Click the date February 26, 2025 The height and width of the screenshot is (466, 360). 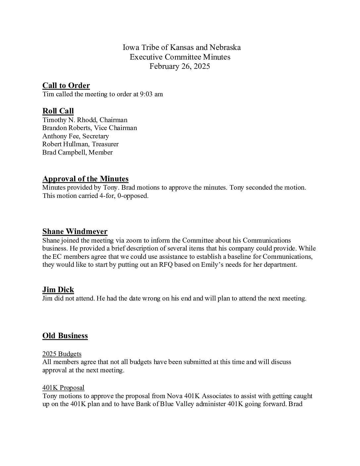[180, 66]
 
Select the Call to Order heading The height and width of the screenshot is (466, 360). [66, 85]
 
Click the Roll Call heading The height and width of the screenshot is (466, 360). [58, 111]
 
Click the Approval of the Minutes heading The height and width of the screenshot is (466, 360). [85, 179]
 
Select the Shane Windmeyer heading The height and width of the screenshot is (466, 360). [75, 231]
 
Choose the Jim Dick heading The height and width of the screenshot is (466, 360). [58, 290]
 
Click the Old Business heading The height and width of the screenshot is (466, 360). [65, 336]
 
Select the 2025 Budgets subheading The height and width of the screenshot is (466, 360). [62, 354]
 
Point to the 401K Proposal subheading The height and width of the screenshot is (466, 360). [63, 388]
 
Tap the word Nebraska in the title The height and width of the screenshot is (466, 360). [225, 47]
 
